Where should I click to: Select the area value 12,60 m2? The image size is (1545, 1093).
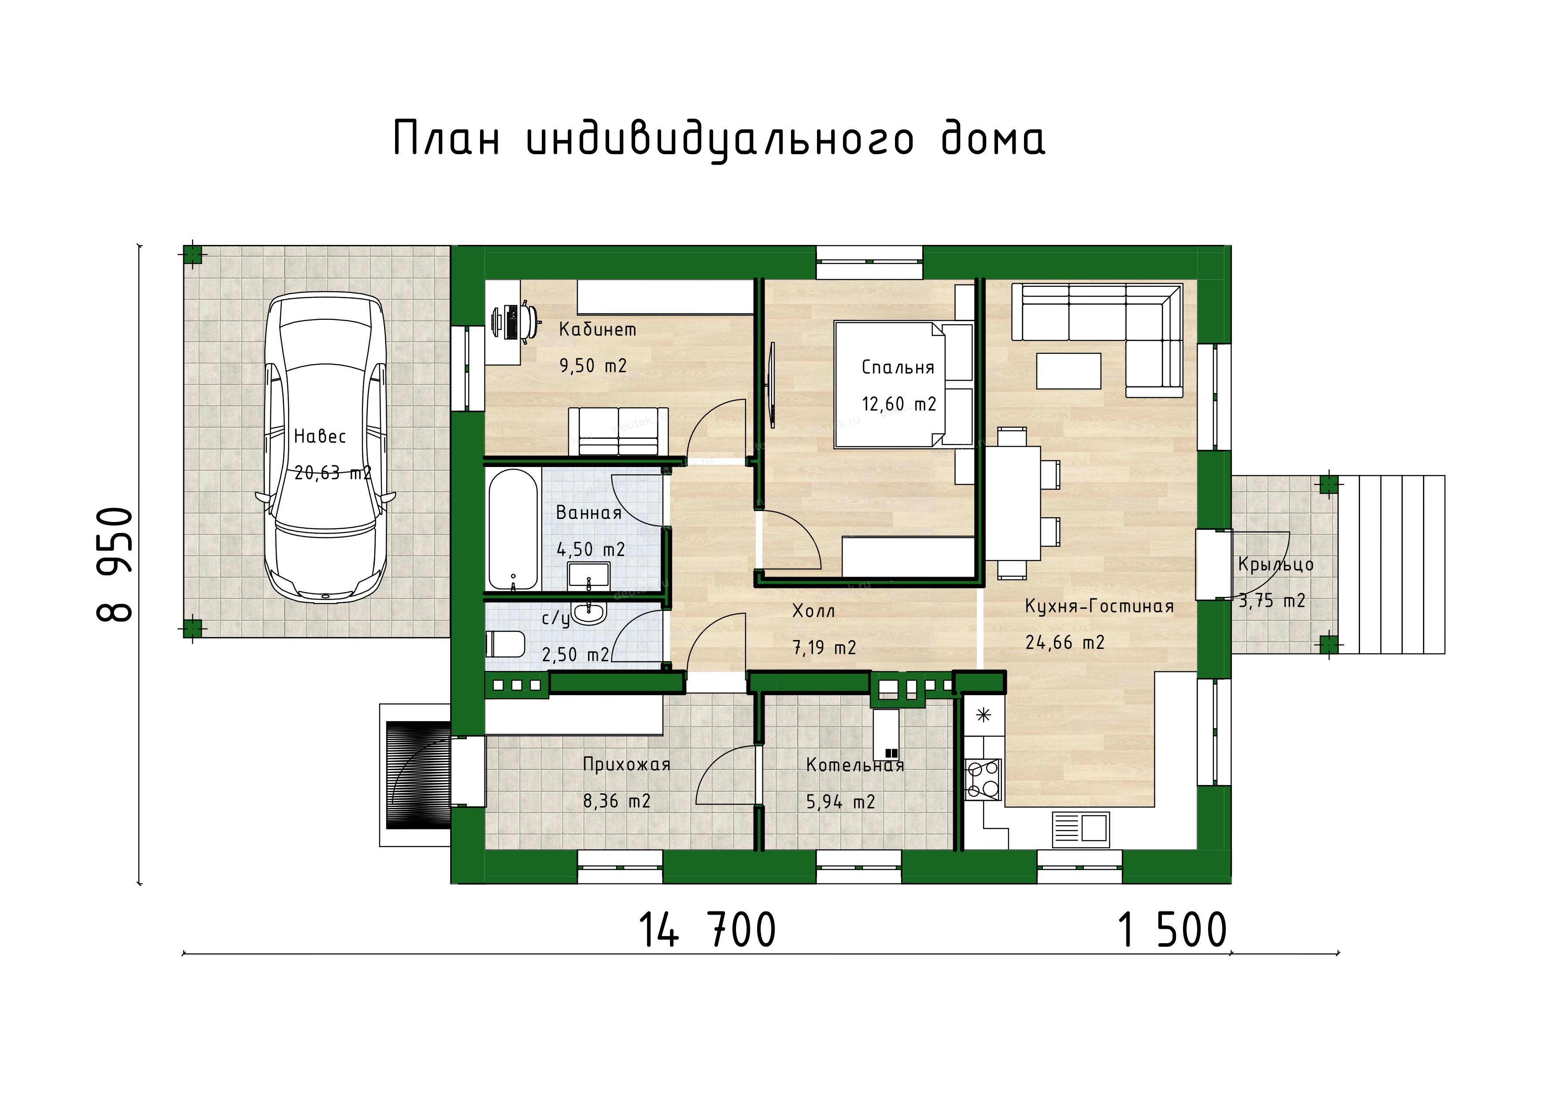point(899,404)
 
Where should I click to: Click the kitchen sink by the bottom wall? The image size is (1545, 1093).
point(1079,829)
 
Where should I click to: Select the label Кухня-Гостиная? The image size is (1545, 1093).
point(1099,606)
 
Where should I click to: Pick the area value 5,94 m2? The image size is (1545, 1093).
point(840,802)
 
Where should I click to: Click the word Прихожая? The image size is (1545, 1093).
point(626,764)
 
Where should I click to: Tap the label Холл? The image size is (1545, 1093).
point(813,611)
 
